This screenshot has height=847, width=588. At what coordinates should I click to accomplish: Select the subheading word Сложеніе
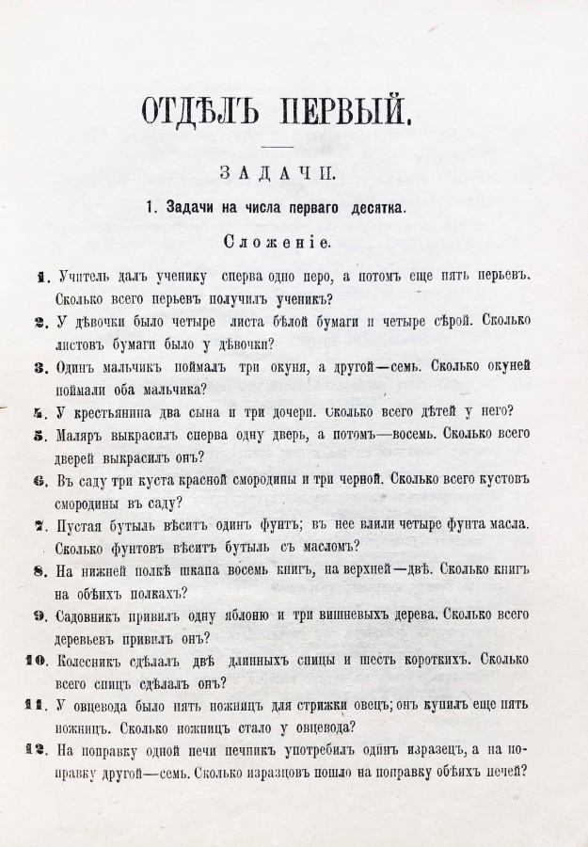coord(276,242)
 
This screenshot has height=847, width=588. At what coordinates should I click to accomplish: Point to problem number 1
coord(41,278)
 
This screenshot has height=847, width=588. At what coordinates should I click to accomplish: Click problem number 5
coord(40,436)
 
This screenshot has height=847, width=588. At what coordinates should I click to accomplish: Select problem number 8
coord(40,571)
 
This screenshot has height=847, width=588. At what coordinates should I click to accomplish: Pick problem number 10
coord(35,661)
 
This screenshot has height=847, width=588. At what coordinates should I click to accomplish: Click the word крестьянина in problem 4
coord(119,412)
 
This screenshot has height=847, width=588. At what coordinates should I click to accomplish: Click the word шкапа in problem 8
coord(223,571)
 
